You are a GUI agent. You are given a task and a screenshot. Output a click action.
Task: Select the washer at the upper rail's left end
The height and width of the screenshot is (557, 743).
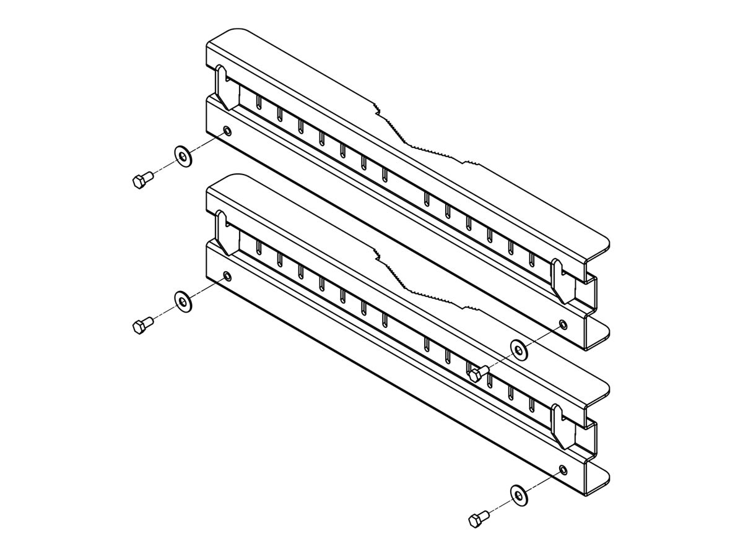tap(183, 156)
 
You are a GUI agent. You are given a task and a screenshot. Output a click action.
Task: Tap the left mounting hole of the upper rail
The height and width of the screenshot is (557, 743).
tap(227, 131)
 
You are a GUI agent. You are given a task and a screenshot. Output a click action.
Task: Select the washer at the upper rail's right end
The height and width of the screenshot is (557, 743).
tap(518, 350)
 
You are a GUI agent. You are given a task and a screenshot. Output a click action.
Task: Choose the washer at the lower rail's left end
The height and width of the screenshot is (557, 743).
tap(183, 301)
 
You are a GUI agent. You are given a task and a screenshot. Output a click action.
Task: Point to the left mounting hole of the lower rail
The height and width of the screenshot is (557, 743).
tap(227, 276)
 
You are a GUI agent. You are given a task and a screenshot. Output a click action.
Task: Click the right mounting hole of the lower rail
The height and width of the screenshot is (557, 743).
tap(562, 469)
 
